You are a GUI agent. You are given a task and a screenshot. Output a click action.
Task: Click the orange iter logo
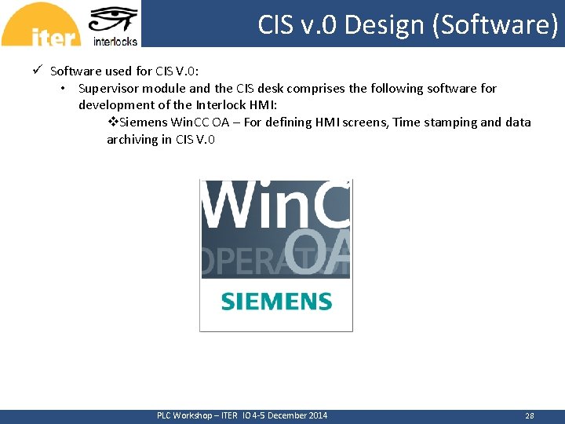(x=41, y=25)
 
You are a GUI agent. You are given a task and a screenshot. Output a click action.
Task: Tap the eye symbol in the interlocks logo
(x=114, y=20)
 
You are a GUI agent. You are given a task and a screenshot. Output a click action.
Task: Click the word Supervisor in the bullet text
(x=108, y=89)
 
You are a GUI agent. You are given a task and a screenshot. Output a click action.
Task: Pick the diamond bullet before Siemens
(x=112, y=122)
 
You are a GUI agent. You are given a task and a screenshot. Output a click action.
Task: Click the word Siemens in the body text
(x=142, y=122)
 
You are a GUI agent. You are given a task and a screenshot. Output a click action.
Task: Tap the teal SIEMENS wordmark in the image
(x=276, y=302)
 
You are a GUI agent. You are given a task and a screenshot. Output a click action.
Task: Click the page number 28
(x=529, y=416)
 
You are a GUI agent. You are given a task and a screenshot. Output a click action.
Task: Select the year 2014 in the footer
(x=317, y=416)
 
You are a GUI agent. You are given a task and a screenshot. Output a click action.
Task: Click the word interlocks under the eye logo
(x=115, y=41)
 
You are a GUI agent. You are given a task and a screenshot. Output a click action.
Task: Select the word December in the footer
(x=285, y=416)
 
